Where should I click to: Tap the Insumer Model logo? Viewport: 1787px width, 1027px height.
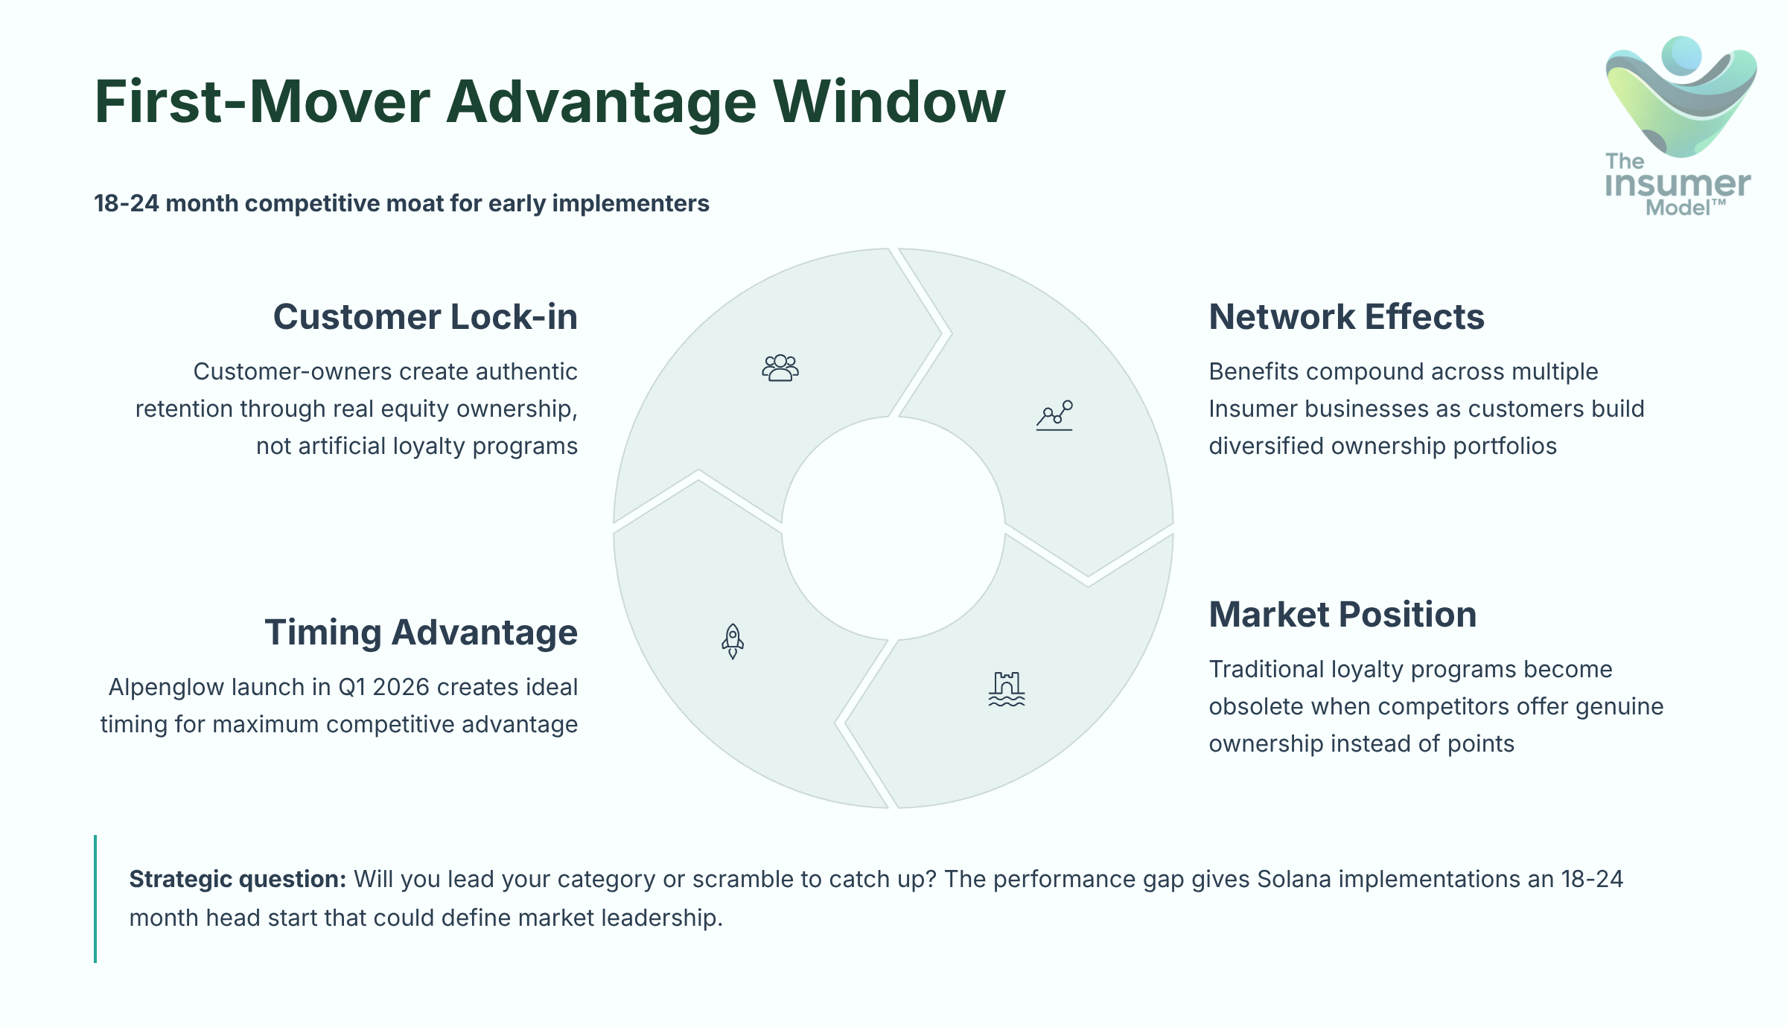pyautogui.click(x=1679, y=127)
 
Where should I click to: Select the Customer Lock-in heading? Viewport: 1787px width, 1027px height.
pyautogui.click(x=425, y=317)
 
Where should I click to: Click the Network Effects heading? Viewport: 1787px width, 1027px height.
pyautogui.click(x=1346, y=317)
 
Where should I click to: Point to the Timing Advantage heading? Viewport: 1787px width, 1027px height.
pyautogui.click(x=421, y=633)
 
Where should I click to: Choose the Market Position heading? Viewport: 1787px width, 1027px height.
pyautogui.click(x=1342, y=615)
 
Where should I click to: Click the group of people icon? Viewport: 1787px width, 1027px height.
pyautogui.click(x=780, y=368)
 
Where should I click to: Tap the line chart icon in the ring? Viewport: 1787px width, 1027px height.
pyautogui.click(x=1054, y=415)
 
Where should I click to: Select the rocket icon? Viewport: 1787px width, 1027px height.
pyautogui.click(x=733, y=641)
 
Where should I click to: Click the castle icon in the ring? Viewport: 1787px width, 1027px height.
pyautogui.click(x=1007, y=688)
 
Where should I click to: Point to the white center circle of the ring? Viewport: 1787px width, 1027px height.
pyautogui.click(x=893, y=528)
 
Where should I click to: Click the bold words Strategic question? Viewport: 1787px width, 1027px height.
pyautogui.click(x=238, y=879)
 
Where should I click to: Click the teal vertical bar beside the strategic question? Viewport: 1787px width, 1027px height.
pyautogui.click(x=95, y=898)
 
